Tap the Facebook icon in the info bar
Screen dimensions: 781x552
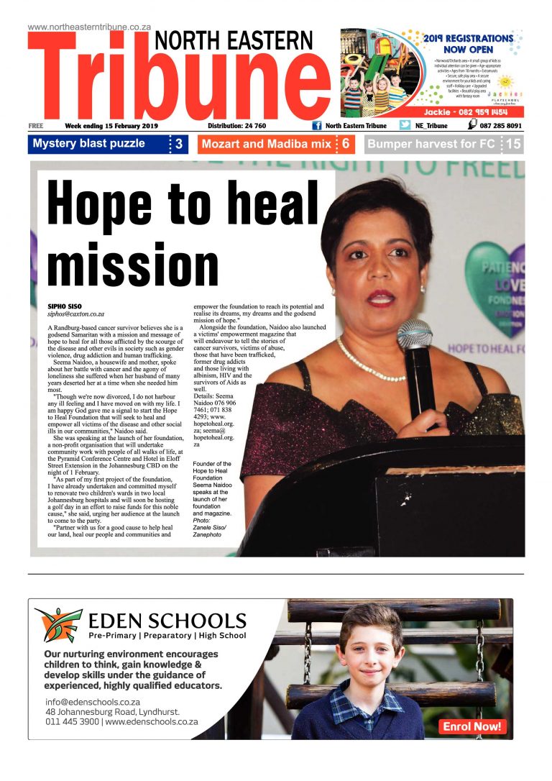pyautogui.click(x=316, y=125)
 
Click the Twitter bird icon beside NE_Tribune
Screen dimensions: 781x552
pyautogui.click(x=405, y=125)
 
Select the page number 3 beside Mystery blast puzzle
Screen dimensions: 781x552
pyautogui.click(x=179, y=144)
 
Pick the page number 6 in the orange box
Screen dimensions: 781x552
pyautogui.click(x=345, y=144)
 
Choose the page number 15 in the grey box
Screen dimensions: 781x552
pyautogui.click(x=513, y=144)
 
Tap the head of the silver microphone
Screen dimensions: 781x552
pyautogui.click(x=415, y=334)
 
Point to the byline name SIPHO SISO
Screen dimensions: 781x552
pyautogui.click(x=64, y=306)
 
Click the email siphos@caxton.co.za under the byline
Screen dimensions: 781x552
pyautogui.click(x=75, y=314)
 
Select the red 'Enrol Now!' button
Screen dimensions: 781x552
pyautogui.click(x=472, y=726)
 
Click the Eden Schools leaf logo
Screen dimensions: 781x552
pyautogui.click(x=58, y=624)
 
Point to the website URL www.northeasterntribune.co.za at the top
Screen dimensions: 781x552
pyautogui.click(x=89, y=27)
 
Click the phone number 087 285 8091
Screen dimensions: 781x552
pyautogui.click(x=501, y=125)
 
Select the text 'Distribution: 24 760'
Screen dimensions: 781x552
pyautogui.click(x=232, y=126)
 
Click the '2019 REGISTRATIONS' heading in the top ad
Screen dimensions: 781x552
pyautogui.click(x=468, y=38)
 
